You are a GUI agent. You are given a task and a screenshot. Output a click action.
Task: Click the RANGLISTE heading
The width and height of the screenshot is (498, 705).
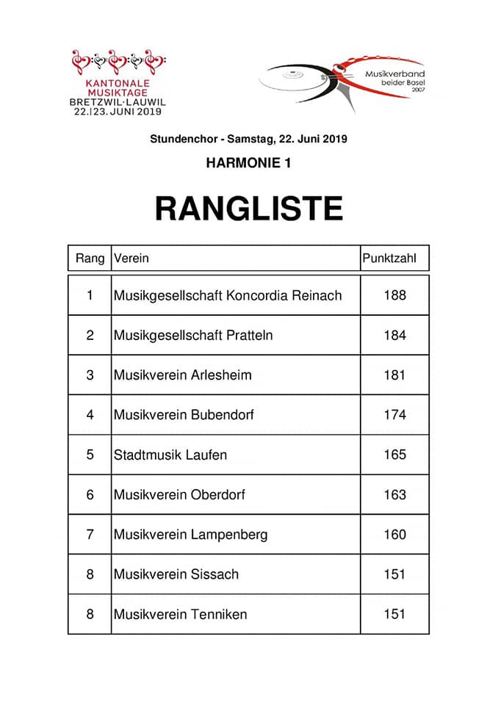(x=248, y=209)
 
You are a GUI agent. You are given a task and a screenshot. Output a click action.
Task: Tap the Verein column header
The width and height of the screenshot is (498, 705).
(x=131, y=258)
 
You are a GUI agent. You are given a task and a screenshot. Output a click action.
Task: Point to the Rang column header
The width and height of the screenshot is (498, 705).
(x=90, y=258)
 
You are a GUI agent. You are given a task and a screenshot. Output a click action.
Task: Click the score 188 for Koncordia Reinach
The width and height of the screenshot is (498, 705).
(x=394, y=296)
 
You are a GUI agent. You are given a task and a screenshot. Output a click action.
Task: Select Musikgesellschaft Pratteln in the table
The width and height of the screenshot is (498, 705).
(x=193, y=336)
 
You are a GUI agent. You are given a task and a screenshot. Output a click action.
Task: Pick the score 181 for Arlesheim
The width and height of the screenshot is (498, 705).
(x=394, y=375)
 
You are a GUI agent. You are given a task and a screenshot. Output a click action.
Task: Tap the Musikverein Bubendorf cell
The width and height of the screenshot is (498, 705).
(x=184, y=415)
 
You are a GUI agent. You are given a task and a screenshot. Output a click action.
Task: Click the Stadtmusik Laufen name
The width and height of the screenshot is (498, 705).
(x=170, y=455)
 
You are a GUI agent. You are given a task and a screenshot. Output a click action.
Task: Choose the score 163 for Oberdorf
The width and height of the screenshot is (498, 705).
(x=394, y=494)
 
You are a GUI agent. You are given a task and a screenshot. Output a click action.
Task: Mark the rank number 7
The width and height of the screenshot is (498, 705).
(x=90, y=534)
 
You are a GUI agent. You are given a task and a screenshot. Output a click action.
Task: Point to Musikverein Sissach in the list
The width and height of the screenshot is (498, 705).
(x=176, y=574)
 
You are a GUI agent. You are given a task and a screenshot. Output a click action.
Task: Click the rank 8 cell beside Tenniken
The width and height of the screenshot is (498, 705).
(x=90, y=614)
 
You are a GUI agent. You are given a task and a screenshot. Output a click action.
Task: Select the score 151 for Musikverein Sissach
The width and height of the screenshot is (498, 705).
(x=394, y=574)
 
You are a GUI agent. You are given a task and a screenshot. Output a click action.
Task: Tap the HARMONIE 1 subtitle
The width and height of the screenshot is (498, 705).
(x=248, y=163)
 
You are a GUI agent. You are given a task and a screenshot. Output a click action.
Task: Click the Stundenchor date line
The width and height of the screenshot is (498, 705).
(x=248, y=138)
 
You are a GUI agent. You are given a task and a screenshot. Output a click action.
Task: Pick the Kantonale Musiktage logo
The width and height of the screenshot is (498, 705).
(x=118, y=82)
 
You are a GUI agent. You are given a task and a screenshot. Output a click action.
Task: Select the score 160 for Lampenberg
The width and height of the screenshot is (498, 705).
(x=394, y=534)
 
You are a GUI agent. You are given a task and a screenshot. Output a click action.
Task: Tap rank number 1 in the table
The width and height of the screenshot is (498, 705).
(x=90, y=296)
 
